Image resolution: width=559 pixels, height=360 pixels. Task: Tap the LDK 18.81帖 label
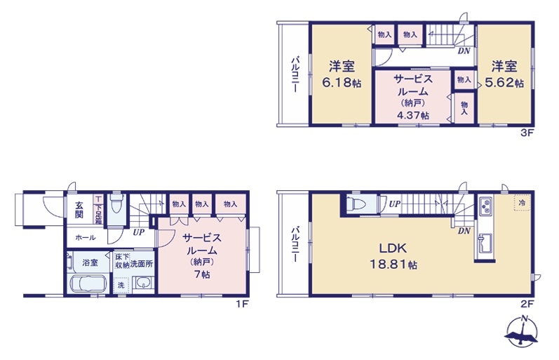pyautogui.click(x=393, y=257)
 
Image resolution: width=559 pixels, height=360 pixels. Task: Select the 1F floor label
pyautogui.click(x=241, y=304)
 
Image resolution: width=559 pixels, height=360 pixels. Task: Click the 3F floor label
pyautogui.click(x=527, y=133)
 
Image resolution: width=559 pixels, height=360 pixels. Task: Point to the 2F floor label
pyautogui.click(x=527, y=304)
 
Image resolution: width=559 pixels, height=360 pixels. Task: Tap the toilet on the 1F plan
pyautogui.click(x=116, y=204)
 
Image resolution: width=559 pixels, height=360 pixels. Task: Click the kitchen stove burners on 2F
pyautogui.click(x=485, y=206)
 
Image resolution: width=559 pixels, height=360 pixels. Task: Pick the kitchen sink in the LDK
pyautogui.click(x=485, y=244)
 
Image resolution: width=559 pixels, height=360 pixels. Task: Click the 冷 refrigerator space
pyautogui.click(x=522, y=204)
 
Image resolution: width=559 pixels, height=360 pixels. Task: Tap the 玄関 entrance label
pyautogui.click(x=79, y=210)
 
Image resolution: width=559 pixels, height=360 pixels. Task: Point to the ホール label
pyautogui.click(x=85, y=238)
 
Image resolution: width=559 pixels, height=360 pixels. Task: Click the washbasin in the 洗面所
pyautogui.click(x=143, y=284)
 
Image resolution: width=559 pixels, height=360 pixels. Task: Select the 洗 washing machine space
pyautogui.click(x=121, y=285)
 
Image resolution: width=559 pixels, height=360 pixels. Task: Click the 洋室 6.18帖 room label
pyautogui.click(x=342, y=74)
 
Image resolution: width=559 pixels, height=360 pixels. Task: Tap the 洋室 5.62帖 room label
pyautogui.click(x=504, y=74)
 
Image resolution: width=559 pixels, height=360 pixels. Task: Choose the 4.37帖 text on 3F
pyautogui.click(x=413, y=116)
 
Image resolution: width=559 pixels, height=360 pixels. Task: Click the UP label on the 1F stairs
pyautogui.click(x=139, y=232)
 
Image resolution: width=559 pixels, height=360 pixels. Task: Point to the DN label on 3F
pyautogui.click(x=464, y=51)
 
